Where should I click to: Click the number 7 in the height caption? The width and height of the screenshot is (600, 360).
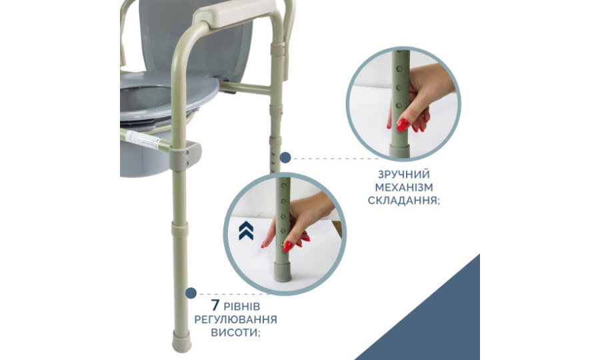pyautogui.click(x=215, y=305)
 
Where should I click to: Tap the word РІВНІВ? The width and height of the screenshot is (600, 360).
pyautogui.click(x=242, y=307)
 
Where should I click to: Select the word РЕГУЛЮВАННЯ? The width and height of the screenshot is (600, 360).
pyautogui.click(x=236, y=319)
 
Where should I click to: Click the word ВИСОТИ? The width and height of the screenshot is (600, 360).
pyautogui.click(x=235, y=332)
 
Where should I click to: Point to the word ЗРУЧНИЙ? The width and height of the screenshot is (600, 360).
pyautogui.click(x=404, y=175)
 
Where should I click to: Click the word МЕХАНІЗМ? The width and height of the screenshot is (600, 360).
pyautogui.click(x=404, y=187)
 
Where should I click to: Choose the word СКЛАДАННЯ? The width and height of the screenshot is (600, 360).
pyautogui.click(x=404, y=201)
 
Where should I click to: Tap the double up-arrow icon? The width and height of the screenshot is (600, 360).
pyautogui.click(x=246, y=230)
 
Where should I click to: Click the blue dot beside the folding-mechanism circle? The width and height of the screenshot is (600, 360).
pyautogui.click(x=285, y=157)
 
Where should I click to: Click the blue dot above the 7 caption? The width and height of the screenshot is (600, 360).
pyautogui.click(x=191, y=293)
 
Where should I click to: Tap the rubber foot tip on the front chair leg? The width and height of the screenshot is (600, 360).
pyautogui.click(x=181, y=341)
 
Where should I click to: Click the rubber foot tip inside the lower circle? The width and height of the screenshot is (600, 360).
pyautogui.click(x=283, y=271)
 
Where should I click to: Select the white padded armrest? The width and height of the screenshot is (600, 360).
pyautogui.click(x=234, y=12)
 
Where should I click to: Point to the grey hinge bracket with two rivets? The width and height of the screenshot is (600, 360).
pyautogui.click(x=185, y=155)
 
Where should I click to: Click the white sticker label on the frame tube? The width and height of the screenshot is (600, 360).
pyautogui.click(x=143, y=139)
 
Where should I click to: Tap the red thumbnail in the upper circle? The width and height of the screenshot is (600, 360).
pyautogui.click(x=403, y=125)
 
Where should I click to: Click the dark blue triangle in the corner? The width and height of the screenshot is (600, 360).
pyautogui.click(x=437, y=321)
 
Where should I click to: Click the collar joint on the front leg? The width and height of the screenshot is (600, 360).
pyautogui.click(x=180, y=229)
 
